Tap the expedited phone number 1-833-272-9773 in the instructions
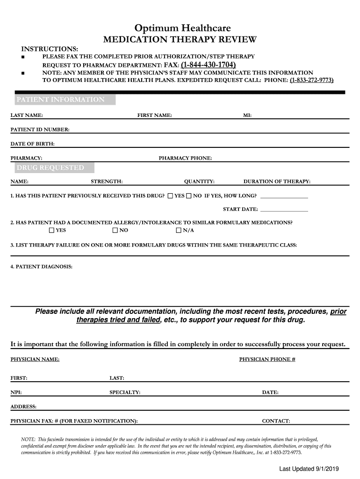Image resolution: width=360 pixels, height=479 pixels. tap(311, 80)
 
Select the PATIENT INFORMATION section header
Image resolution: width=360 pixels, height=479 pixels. tap(61, 100)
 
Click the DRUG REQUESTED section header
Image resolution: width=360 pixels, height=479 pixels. tap(50, 167)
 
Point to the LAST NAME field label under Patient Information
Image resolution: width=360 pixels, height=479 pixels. tap(27, 115)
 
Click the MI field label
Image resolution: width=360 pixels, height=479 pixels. tap(247, 115)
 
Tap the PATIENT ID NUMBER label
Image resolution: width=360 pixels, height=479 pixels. tap(40, 129)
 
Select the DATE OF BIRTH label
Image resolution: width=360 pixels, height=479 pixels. tap(33, 144)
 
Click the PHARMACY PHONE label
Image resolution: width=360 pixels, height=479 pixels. tap(185, 158)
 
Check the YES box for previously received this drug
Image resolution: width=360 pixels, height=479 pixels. tap(170, 196)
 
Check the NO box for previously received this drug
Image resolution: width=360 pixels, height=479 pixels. tap(189, 196)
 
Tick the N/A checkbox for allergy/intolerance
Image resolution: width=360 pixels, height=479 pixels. tap(179, 230)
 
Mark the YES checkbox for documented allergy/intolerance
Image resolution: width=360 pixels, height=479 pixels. tap(51, 230)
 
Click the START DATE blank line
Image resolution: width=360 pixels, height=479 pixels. tap(284, 209)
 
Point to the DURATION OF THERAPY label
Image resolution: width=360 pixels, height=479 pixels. tap(277, 181)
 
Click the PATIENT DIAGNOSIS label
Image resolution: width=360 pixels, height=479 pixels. tap(42, 267)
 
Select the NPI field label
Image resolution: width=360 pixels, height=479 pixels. tap(16, 392)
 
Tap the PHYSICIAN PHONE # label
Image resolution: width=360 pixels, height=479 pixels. tap(267, 359)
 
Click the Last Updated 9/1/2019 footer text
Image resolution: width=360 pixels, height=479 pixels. tap(309, 469)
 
